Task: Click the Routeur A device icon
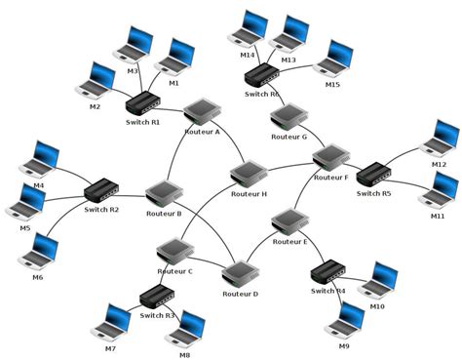[x=202, y=110]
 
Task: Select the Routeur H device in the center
[x=249, y=175]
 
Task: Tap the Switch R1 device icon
[x=142, y=103]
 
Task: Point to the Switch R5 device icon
[x=372, y=176]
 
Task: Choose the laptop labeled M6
[x=38, y=253]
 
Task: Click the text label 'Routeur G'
[x=289, y=138]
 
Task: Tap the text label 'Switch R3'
[x=157, y=315]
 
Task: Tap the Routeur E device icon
[x=290, y=222]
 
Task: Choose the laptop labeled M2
[x=97, y=82]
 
